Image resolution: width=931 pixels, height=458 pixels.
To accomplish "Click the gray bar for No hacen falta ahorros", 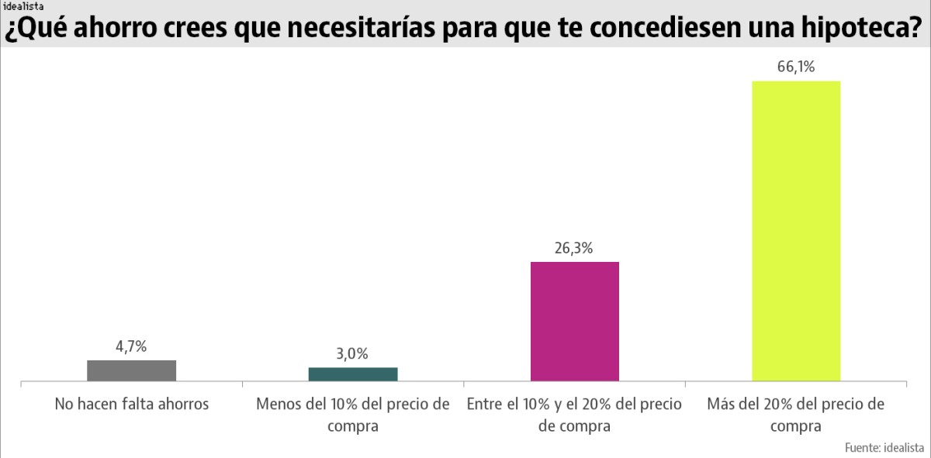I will (x=131, y=370).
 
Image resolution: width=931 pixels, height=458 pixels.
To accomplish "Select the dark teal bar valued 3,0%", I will (x=353, y=374).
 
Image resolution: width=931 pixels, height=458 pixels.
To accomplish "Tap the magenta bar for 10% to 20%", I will (x=574, y=322).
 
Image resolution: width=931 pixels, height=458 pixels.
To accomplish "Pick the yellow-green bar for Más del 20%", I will (x=796, y=231).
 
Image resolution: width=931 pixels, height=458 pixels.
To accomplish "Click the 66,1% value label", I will (x=796, y=67).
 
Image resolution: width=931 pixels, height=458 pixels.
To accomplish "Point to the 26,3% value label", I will (x=574, y=249).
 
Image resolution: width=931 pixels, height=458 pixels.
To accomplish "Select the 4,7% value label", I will (x=131, y=347).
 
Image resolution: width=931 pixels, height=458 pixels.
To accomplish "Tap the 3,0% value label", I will (x=352, y=354).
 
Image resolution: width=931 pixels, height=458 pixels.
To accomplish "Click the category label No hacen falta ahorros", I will (x=131, y=405).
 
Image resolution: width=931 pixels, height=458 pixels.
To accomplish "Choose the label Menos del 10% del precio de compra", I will (x=353, y=415).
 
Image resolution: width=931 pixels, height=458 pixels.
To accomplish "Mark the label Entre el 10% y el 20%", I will (x=574, y=415).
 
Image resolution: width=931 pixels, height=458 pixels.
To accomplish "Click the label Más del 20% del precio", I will (x=796, y=415).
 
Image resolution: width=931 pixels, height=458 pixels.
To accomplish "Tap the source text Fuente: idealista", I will (x=884, y=447).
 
